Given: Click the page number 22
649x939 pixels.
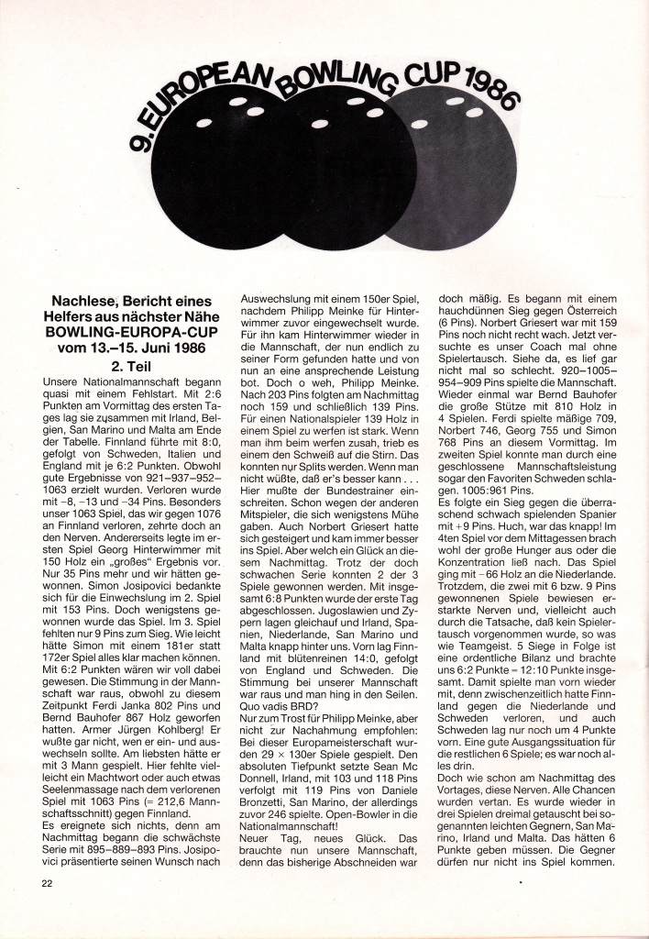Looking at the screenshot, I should (47, 882).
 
